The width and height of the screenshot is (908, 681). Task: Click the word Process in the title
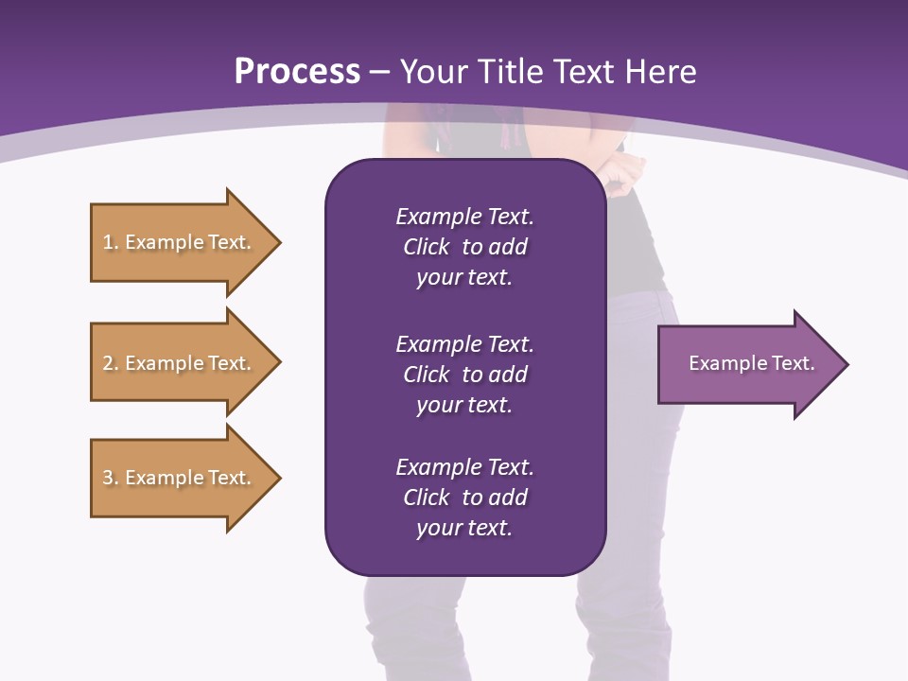coord(297,72)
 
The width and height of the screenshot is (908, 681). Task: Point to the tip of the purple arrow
coord(847,364)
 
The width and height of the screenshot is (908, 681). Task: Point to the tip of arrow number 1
coord(279,242)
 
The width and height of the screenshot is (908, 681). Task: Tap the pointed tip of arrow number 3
coord(279,478)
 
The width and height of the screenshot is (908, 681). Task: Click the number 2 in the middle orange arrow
coord(108,363)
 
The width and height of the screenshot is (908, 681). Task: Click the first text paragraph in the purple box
coord(464,247)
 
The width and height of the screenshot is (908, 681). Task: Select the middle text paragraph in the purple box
coord(464,375)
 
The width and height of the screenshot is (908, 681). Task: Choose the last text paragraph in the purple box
coord(464,498)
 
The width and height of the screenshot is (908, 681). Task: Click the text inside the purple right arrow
coord(751,363)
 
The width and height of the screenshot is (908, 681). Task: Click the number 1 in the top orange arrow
coord(108,242)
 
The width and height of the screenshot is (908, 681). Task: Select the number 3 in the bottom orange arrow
coord(108,478)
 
